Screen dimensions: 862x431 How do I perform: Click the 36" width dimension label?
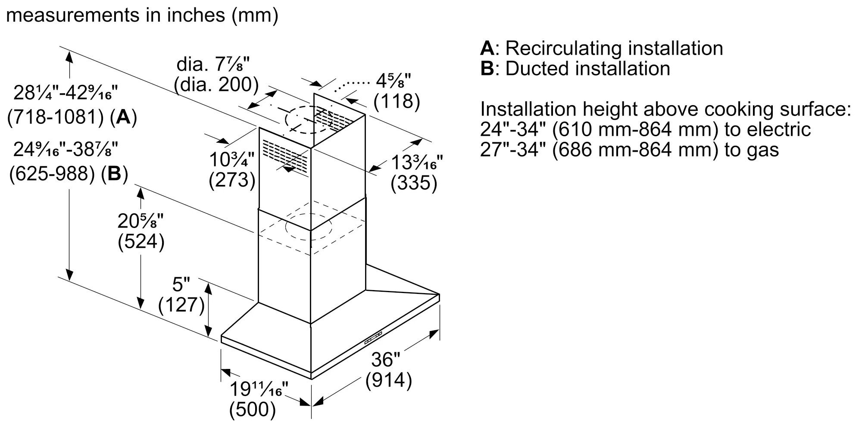tap(386, 360)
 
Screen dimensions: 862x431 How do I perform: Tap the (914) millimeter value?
tap(389, 381)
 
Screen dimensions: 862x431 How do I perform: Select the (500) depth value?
tap(252, 409)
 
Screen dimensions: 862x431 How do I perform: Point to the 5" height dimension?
tap(181, 284)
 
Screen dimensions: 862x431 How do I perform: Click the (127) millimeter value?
tap(181, 305)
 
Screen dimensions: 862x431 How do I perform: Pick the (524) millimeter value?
tap(141, 242)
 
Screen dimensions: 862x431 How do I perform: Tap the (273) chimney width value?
tap(232, 180)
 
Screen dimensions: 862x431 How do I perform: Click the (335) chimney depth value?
tap(414, 183)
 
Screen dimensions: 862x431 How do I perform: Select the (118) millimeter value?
tap(397, 101)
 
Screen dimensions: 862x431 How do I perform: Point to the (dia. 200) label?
tap(216, 85)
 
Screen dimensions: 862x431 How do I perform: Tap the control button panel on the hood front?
tap(373, 338)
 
